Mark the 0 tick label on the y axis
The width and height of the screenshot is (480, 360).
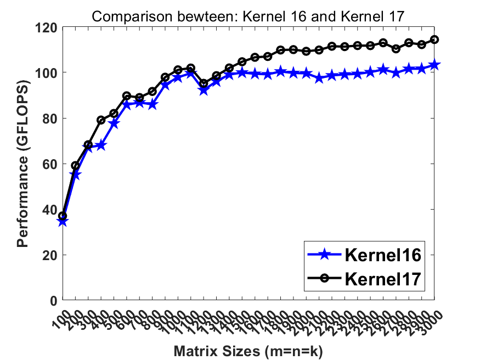(53, 301)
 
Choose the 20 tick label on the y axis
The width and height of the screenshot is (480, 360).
(49, 255)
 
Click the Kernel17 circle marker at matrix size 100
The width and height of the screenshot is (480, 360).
(63, 216)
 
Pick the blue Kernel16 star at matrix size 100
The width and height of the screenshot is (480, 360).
(63, 222)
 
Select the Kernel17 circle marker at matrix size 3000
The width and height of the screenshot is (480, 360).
(434, 40)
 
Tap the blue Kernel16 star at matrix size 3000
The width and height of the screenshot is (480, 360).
(434, 65)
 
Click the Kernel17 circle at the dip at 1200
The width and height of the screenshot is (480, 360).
(204, 83)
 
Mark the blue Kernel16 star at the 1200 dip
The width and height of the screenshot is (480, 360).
(204, 90)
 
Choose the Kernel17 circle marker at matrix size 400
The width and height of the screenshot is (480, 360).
(101, 120)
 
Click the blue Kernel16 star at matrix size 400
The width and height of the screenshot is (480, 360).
(101, 145)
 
